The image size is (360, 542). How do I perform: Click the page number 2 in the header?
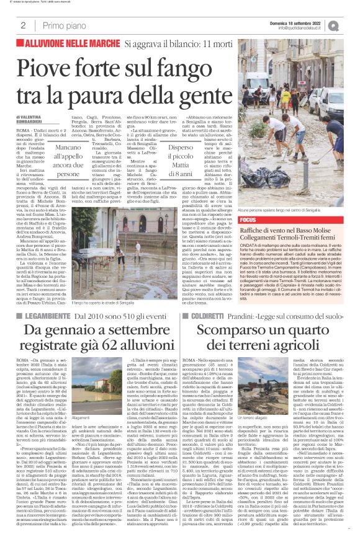[23, 25]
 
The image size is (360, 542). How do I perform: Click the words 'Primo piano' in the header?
[63, 25]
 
